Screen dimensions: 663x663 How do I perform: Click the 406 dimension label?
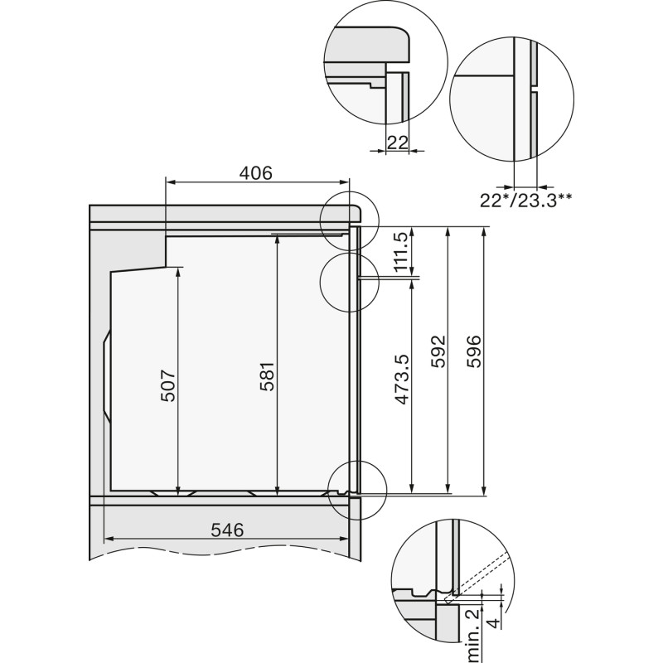[256, 173]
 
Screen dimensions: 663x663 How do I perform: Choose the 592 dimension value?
[438, 352]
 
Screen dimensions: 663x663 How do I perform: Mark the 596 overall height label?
[475, 352]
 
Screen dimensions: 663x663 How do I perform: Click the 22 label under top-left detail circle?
[398, 143]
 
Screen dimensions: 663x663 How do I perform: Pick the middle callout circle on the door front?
[348, 282]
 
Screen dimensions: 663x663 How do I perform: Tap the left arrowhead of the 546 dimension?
[107, 539]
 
